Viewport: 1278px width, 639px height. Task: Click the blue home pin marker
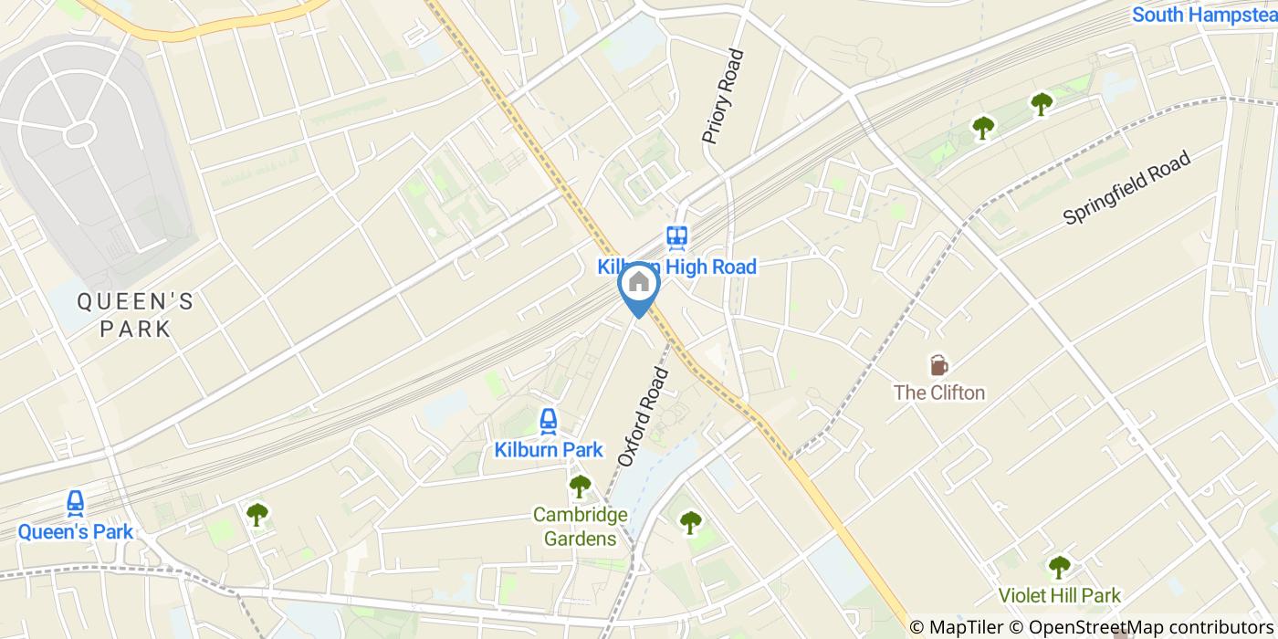639,286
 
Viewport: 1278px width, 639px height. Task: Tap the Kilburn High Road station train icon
676,237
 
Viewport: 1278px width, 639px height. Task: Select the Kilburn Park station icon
548,421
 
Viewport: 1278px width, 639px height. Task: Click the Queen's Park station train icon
76,503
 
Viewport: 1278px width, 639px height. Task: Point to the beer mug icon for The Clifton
938,365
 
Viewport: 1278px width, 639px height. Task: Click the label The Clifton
939,393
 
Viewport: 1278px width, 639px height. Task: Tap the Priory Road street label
723,96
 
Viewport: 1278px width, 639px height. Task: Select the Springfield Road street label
1127,188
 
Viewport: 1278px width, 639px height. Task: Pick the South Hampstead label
1204,15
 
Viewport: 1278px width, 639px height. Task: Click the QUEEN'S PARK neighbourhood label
135,315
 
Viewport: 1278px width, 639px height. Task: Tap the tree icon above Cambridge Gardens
580,485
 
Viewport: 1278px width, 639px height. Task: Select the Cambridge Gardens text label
581,527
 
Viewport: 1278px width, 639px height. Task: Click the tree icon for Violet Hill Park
1059,567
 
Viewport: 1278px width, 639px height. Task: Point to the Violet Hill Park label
1059,595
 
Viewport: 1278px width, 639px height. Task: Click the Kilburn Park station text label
549,449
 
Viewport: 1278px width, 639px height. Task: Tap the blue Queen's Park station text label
76,531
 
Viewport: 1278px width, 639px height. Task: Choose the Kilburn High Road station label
676,267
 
